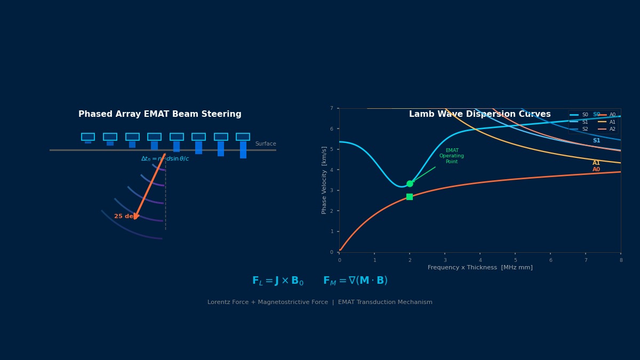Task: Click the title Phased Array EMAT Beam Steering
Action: coord(160,114)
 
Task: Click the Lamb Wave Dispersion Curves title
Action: coord(479,114)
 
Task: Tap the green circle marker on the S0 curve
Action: coord(410,183)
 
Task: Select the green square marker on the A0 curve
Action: coord(410,197)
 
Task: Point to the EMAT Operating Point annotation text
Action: coord(452,156)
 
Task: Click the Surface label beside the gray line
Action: coord(266,144)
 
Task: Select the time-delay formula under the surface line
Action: coord(165,159)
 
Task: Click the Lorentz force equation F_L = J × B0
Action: coord(278,281)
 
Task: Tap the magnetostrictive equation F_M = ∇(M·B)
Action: coord(355,281)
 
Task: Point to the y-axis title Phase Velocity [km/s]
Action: coord(324,180)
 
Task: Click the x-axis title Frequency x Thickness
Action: coord(480,268)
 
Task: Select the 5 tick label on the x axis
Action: coord(515,260)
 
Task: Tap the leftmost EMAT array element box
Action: coord(88,137)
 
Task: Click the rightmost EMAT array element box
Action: coord(243,137)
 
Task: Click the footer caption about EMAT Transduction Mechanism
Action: coord(320,302)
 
